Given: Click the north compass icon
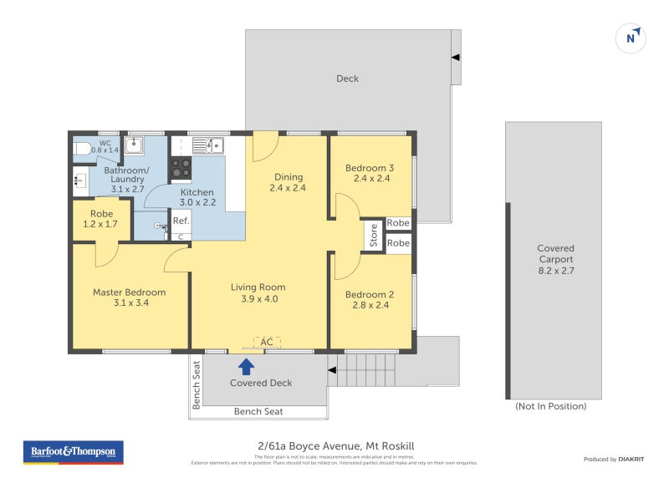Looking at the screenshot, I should pos(632,38).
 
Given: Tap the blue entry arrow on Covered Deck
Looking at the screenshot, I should pos(246,365).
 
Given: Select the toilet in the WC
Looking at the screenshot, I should pos(81,149).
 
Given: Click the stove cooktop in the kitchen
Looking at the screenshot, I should pos(181,168).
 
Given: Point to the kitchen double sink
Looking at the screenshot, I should pos(208,146).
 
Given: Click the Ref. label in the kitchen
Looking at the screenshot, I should pos(181,221).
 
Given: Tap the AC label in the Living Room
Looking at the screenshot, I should pos(267,342).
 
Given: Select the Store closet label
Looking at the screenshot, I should pos(374,235).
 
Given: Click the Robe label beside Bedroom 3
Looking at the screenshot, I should pos(398,224).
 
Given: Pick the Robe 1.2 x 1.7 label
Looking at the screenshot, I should pos(101,220).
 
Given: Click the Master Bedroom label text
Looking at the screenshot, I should pos(129,292).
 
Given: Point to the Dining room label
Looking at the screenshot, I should pos(288,177).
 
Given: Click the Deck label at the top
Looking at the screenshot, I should pos(347,79).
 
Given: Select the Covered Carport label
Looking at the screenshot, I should pos(555,254).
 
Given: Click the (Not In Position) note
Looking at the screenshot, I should pos(551,406).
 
